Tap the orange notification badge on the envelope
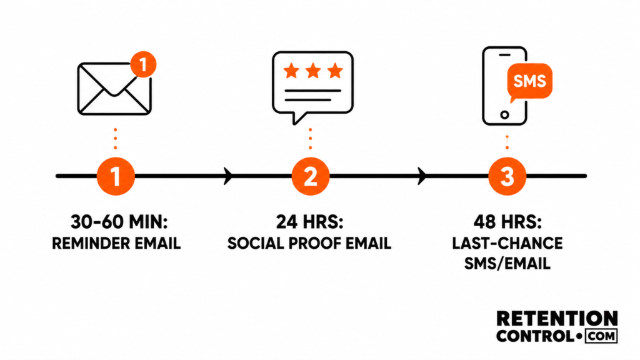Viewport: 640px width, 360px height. point(143,64)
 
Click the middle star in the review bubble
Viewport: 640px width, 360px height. point(313,71)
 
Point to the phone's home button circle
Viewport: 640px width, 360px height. point(504,115)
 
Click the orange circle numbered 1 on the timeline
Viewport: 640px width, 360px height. point(116,176)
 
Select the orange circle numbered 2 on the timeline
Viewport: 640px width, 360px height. point(311,176)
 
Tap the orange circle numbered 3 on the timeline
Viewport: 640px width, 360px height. point(507,176)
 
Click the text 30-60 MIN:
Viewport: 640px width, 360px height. point(119,222)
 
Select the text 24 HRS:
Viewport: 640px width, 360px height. point(310,222)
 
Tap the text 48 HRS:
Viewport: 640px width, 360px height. point(507,222)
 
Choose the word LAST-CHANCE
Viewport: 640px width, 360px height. point(507,244)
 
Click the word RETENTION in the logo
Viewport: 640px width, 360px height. point(557,318)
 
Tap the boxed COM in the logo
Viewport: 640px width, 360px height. point(601,336)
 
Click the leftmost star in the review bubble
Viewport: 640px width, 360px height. point(291,71)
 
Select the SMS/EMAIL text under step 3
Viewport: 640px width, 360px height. point(507,264)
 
